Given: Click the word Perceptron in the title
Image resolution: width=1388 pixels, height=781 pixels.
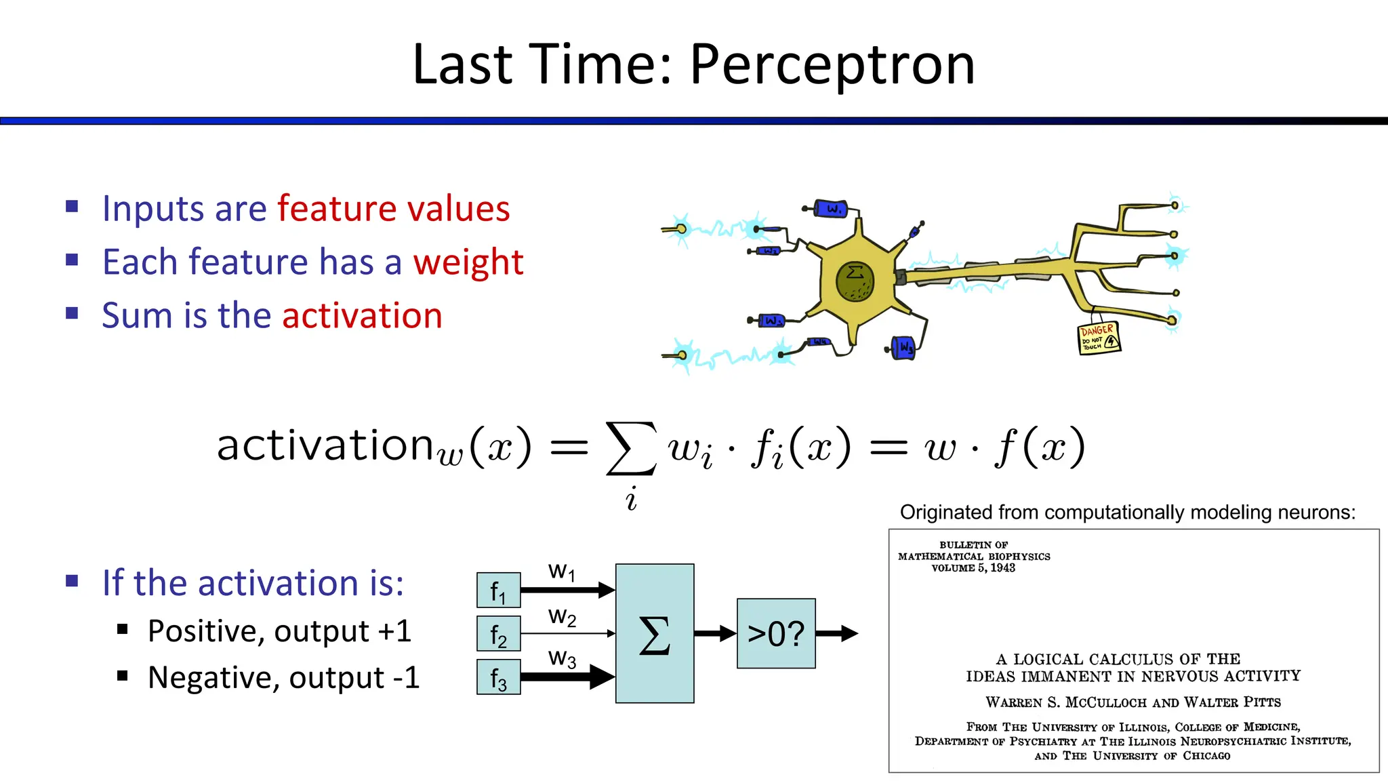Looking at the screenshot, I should [x=832, y=66].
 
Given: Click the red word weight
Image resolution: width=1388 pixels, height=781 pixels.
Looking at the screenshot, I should [x=468, y=262].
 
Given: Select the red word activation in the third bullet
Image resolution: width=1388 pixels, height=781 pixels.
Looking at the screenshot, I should [x=362, y=316].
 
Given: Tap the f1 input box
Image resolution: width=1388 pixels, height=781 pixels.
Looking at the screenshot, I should [x=498, y=590].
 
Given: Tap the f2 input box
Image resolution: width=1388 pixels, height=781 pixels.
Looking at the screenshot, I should [x=498, y=634].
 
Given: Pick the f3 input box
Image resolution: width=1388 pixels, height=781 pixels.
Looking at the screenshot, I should [x=498, y=677].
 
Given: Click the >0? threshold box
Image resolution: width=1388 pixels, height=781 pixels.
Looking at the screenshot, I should [x=775, y=634].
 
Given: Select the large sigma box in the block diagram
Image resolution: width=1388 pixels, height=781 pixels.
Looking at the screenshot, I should [x=654, y=634].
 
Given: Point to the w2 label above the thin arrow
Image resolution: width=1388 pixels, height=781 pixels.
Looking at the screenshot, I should [x=562, y=617].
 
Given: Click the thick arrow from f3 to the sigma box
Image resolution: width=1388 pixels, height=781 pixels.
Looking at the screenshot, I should [x=566, y=677].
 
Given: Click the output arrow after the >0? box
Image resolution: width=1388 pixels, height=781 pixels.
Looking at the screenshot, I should [x=837, y=634].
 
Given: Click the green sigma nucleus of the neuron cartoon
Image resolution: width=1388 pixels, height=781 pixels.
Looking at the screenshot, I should [x=855, y=281].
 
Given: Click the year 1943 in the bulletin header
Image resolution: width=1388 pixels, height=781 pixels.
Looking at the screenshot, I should [x=1002, y=568].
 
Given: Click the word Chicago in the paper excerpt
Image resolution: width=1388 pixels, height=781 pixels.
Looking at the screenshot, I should [x=1206, y=756].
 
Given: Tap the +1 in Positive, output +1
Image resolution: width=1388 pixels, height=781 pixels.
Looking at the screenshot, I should [x=395, y=631].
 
